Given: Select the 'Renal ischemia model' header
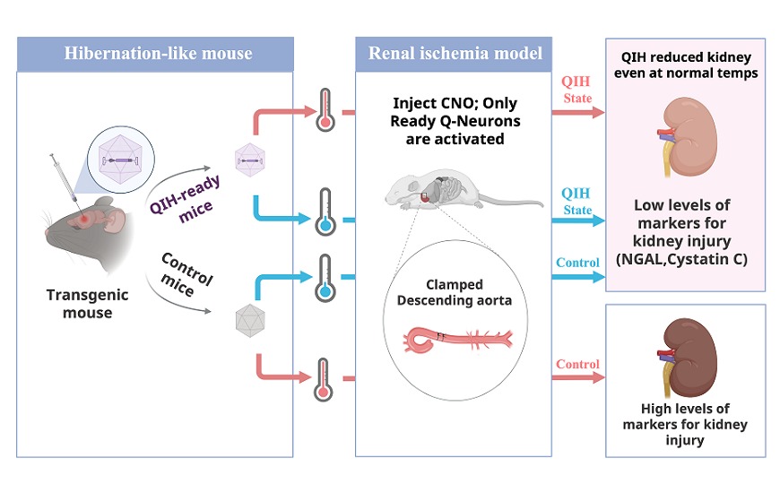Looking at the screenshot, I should click(455, 54).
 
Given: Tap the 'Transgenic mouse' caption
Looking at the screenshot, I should click(88, 304).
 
